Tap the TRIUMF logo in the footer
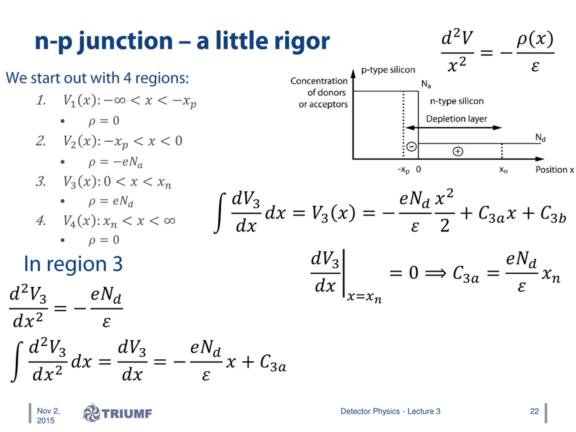[118, 413]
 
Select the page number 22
[534, 411]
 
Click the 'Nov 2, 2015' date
[48, 416]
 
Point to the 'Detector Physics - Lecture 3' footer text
[390, 411]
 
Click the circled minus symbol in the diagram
[412, 147]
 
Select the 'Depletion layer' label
[456, 119]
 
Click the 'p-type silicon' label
[388, 70]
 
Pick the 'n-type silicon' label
[457, 101]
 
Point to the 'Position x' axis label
[554, 170]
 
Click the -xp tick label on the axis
[404, 170]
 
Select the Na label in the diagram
[426, 84]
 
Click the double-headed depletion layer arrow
[453, 128]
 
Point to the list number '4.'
[41, 221]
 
